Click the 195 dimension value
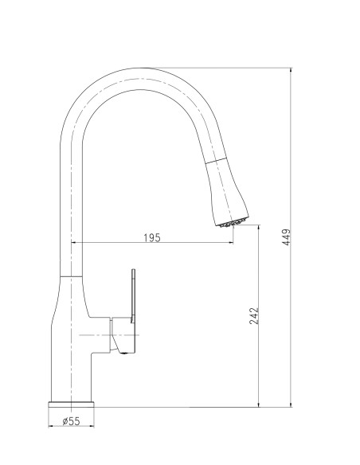coord(152,237)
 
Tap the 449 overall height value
coord(287,237)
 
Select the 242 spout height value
coord(254,316)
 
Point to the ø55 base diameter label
coord(71,421)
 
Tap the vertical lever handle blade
coord(133,295)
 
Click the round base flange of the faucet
coord(71,404)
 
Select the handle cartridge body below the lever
coord(123,335)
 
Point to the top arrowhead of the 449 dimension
coord(291,70)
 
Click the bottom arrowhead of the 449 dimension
coord(291,404)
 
